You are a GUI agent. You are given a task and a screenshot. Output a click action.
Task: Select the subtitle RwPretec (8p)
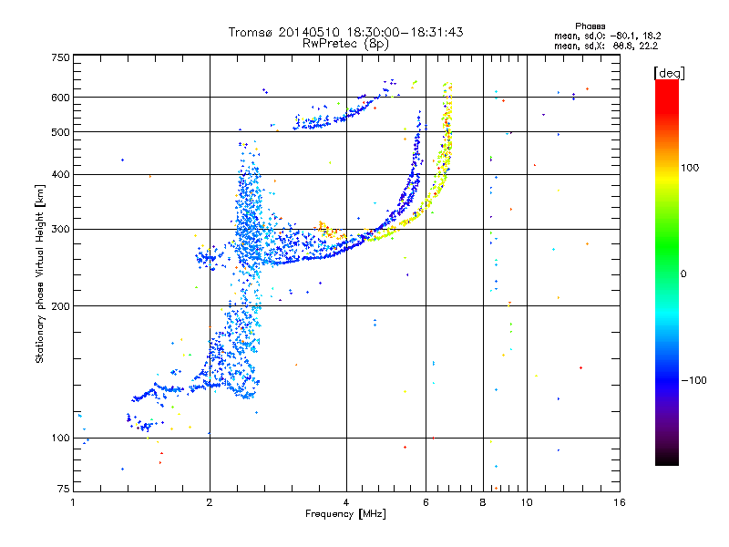[x=346, y=43]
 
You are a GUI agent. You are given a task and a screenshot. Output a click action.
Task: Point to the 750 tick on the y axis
[x=61, y=57]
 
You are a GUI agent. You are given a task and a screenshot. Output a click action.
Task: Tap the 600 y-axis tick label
[x=61, y=97]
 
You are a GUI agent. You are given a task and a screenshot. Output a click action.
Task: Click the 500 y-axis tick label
[x=61, y=132]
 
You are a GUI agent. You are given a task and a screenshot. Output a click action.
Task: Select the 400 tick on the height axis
[x=61, y=174]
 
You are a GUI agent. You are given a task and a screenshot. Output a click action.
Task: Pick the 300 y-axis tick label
[x=61, y=229]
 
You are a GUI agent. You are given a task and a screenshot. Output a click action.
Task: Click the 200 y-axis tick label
[x=61, y=305]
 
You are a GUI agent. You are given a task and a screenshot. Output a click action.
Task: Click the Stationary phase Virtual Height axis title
[x=40, y=273]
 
